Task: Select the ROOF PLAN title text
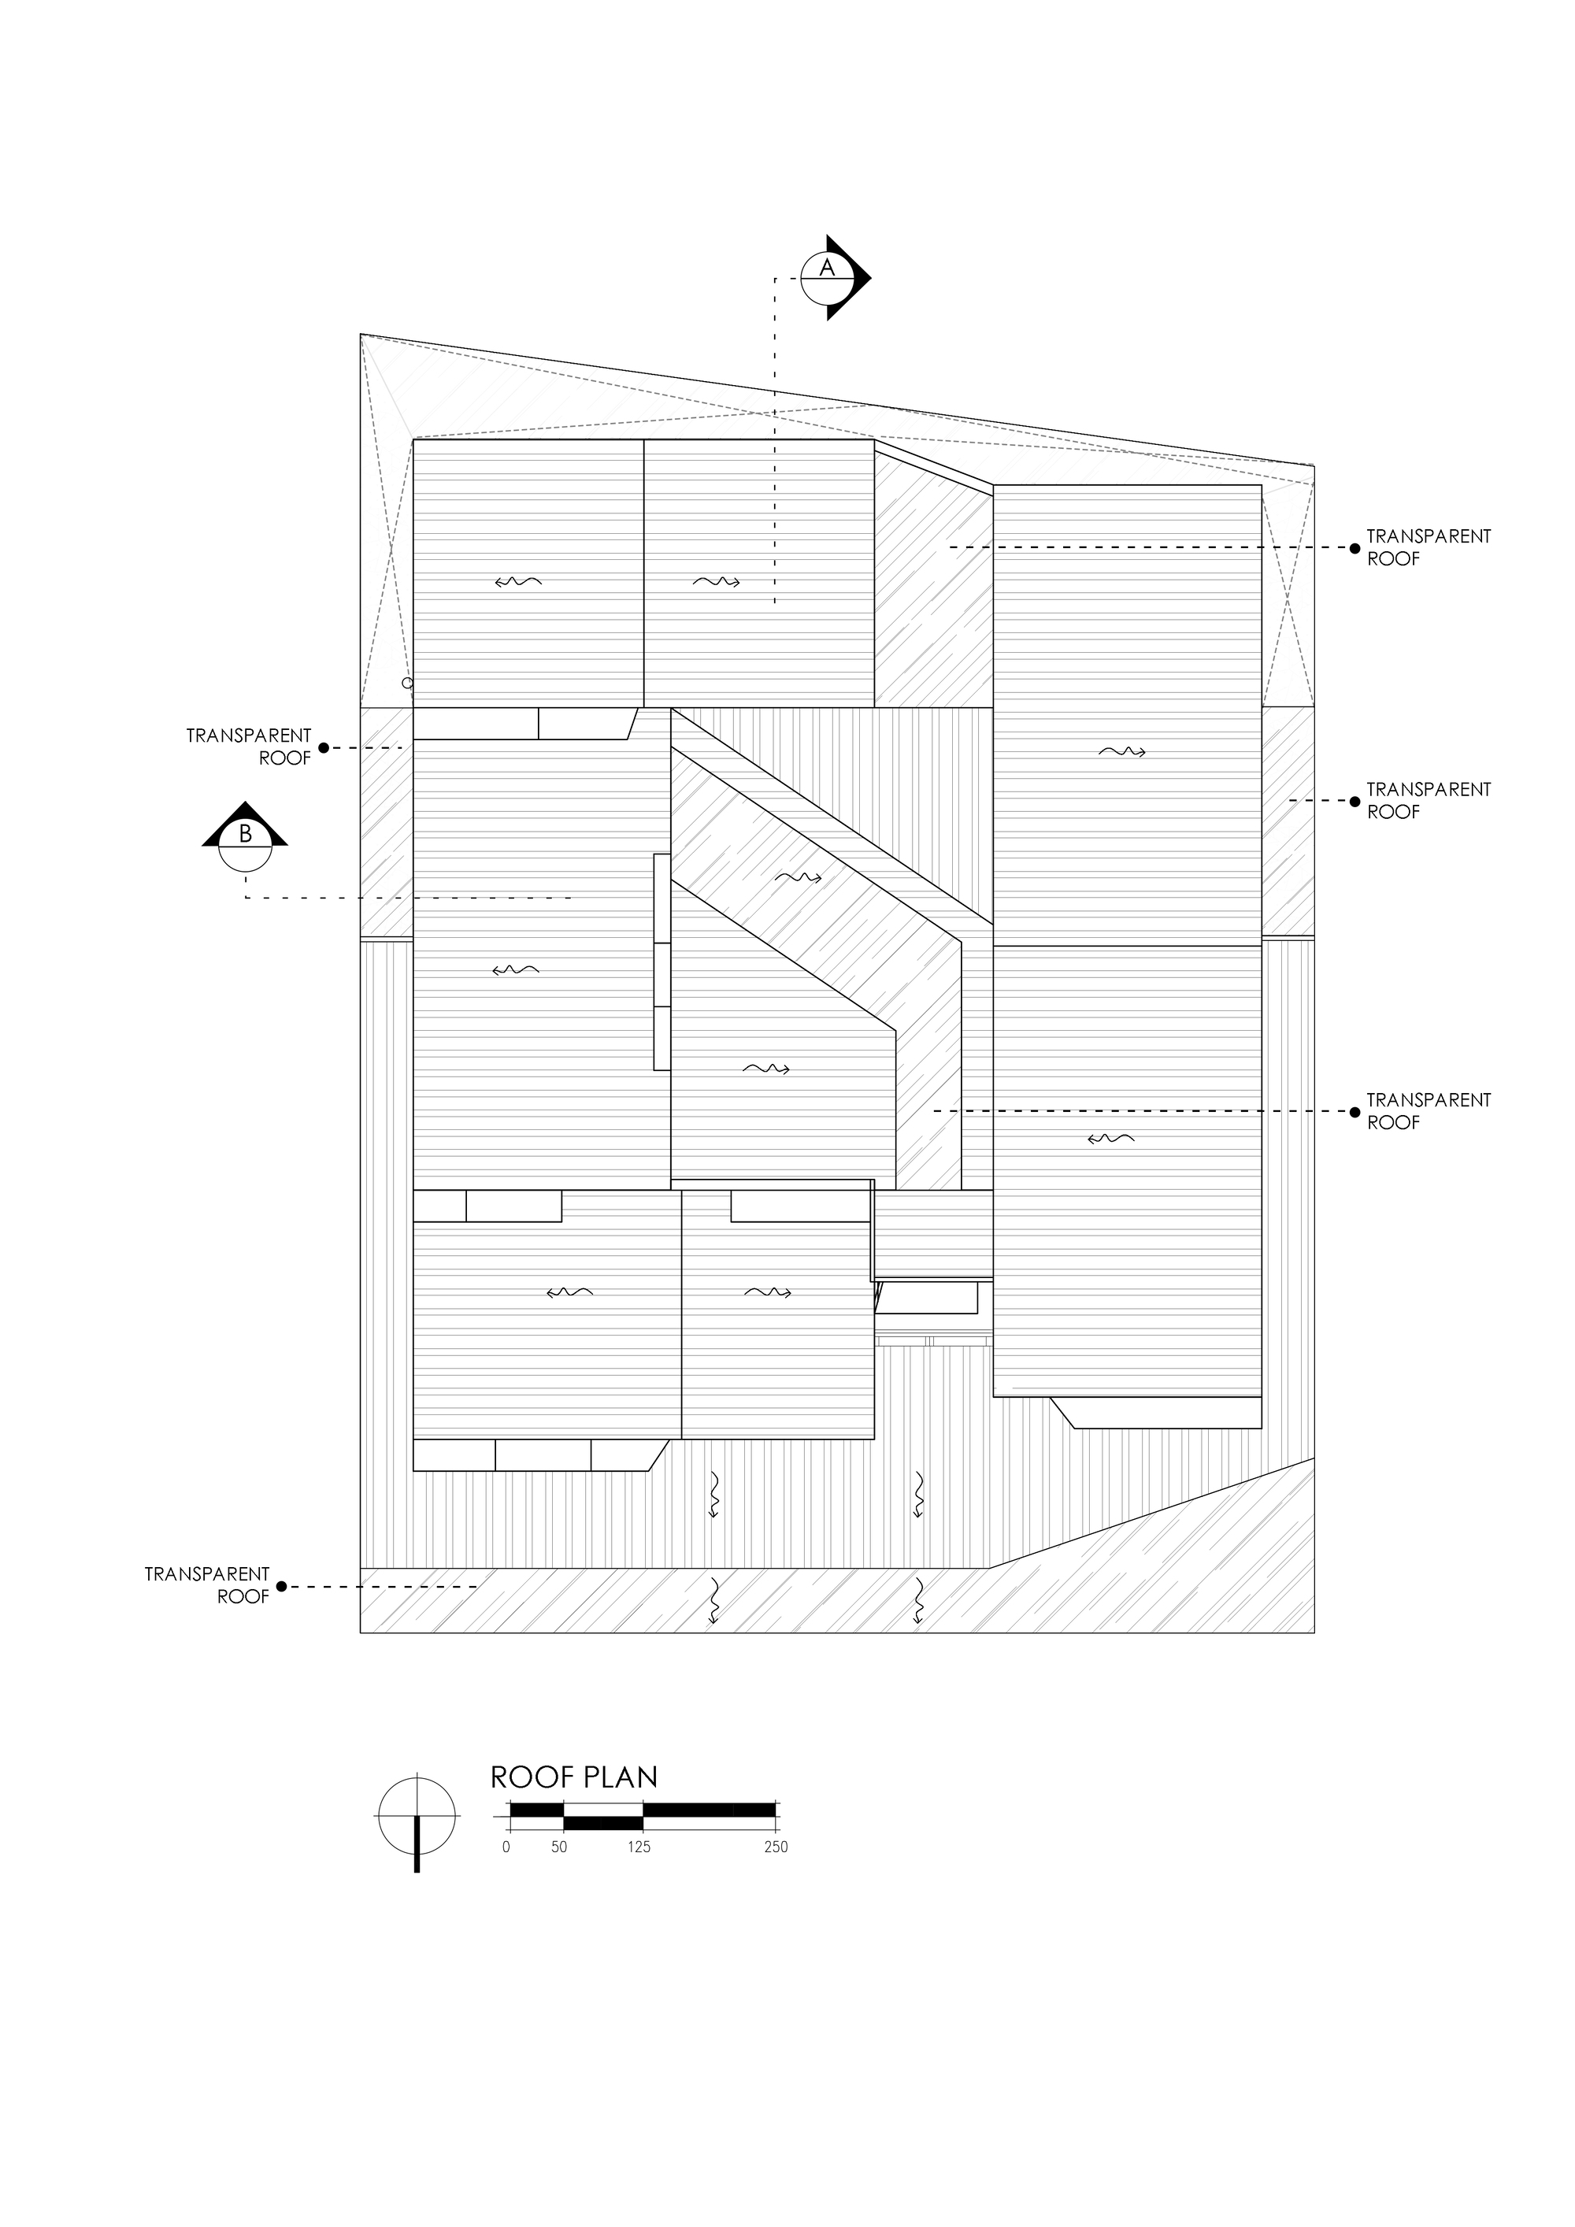(574, 1777)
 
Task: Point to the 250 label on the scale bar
(776, 1847)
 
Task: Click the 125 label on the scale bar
(638, 1847)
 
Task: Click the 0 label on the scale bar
(506, 1847)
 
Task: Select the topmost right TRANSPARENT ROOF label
(1428, 547)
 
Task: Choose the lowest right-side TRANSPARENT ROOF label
(1428, 1110)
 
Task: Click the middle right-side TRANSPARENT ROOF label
(1428, 800)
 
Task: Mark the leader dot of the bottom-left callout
(281, 1587)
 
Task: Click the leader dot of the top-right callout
(1354, 548)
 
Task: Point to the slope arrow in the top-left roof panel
(518, 582)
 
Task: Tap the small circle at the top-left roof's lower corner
(407, 683)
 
